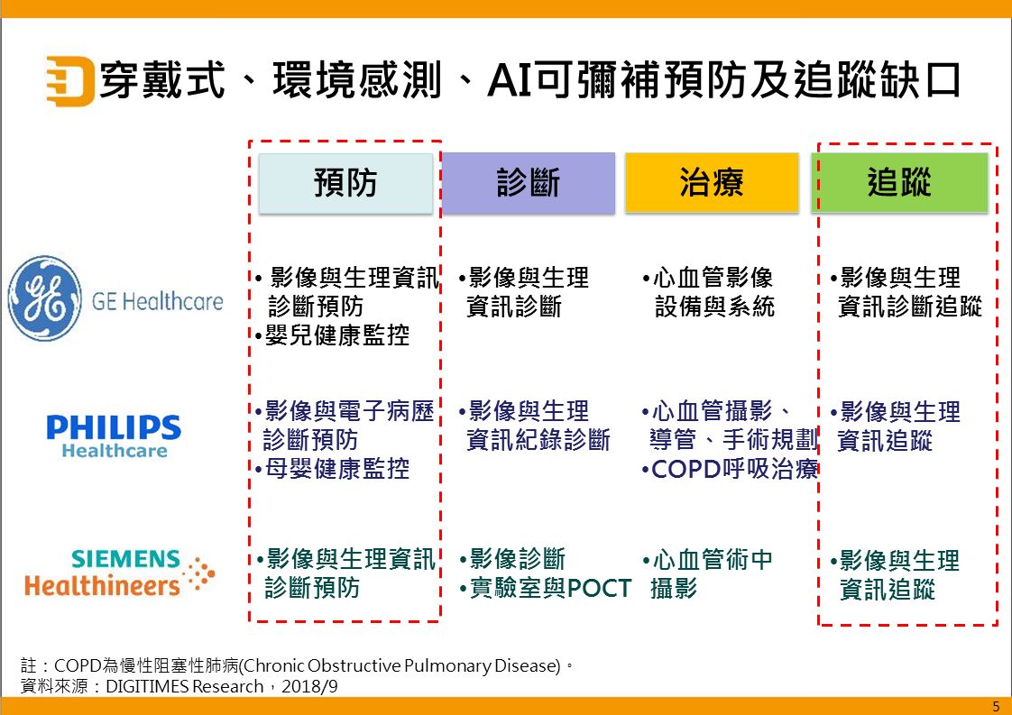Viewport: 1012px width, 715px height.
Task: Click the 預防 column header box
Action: [345, 183]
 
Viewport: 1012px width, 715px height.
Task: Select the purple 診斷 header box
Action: [529, 183]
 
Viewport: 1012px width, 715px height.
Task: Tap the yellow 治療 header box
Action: [712, 183]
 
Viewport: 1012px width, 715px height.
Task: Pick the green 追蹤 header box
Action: [900, 183]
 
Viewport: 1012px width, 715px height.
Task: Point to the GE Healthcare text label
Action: [157, 300]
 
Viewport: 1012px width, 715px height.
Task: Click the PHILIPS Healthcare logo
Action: [114, 435]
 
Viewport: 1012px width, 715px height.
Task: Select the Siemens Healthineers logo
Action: [118, 573]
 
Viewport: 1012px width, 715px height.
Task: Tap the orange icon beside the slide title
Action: [69, 81]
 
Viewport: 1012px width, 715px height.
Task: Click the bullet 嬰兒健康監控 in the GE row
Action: [333, 336]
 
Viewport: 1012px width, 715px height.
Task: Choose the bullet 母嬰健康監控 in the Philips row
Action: [333, 469]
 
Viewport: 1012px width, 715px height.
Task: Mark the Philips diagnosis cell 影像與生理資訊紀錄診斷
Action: [534, 426]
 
